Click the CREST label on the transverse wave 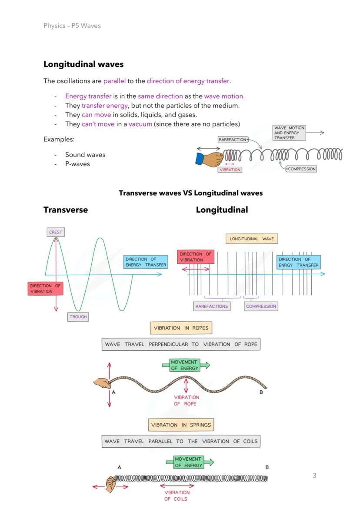pos(55,232)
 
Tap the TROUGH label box pos(78,317)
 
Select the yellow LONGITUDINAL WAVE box pos(252,239)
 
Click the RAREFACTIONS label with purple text pos(212,306)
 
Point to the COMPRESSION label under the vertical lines pos(261,306)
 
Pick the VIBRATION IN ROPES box pos(181,328)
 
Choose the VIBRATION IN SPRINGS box pos(181,425)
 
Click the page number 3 pos(314,476)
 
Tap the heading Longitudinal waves pos(83,64)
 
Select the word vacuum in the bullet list pos(140,124)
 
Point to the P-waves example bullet pos(77,164)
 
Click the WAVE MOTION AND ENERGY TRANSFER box pos(289,133)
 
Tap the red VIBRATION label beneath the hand pos(230,170)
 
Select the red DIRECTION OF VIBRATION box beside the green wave pos(46,289)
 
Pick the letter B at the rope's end pos(261,393)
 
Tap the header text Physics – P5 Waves pos(72,26)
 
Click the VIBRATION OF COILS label pos(177,496)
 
